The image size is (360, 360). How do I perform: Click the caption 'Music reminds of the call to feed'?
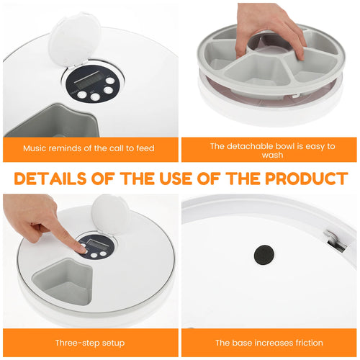(89, 148)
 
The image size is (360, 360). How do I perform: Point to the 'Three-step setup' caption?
(89, 343)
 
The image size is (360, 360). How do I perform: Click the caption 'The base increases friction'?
(269, 343)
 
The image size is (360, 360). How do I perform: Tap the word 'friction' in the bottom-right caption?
(306, 343)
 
